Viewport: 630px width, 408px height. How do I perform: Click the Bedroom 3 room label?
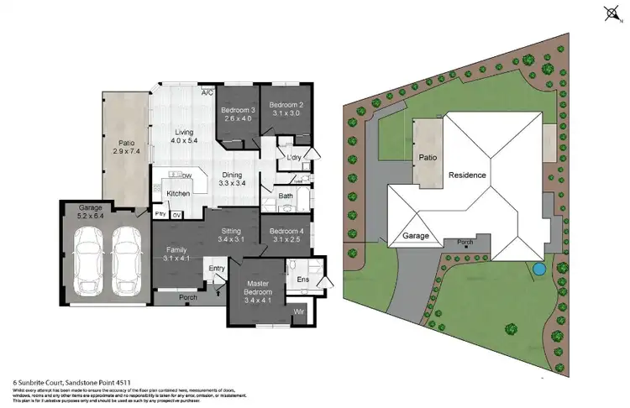(238, 115)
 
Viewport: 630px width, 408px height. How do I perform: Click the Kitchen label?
(178, 194)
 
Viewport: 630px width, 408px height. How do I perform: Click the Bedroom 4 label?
(286, 235)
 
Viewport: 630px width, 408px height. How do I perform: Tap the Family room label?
(175, 254)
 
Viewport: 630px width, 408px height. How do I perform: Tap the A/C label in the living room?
(207, 93)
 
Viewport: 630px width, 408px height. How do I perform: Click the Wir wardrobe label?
(298, 312)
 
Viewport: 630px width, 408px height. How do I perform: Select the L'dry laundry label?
(294, 158)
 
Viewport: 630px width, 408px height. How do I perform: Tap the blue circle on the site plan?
(538, 269)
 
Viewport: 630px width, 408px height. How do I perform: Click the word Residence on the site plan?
(468, 176)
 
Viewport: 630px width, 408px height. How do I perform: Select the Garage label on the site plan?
(415, 236)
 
